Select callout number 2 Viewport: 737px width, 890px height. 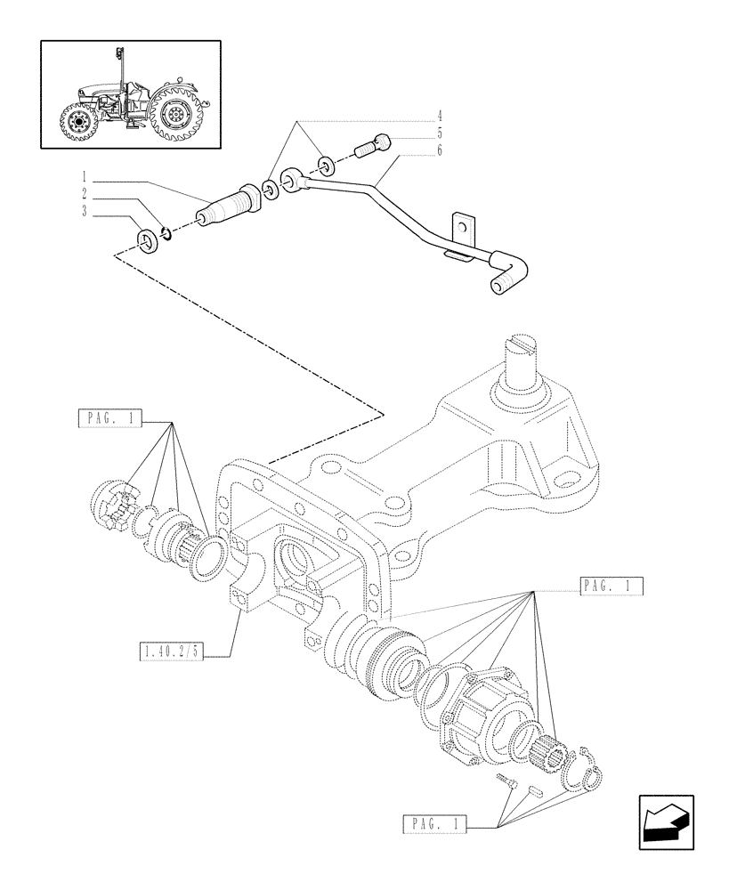pyautogui.click(x=84, y=193)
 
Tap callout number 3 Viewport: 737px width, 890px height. pyautogui.click(x=84, y=210)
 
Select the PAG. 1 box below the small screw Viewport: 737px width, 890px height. pyautogui.click(x=433, y=825)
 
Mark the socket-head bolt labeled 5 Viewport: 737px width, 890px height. pyautogui.click(x=375, y=143)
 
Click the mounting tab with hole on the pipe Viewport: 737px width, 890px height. pyautogui.click(x=461, y=227)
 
